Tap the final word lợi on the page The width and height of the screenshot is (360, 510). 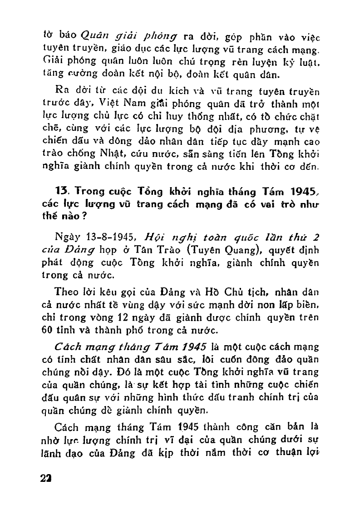click(x=313, y=453)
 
